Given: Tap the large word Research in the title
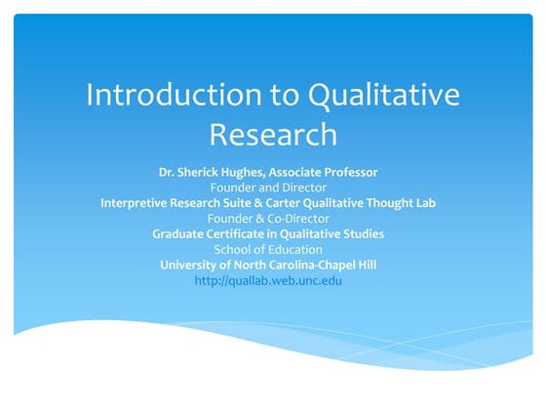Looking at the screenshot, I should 273,133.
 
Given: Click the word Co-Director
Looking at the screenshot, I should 297,219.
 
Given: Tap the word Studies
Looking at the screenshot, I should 362,234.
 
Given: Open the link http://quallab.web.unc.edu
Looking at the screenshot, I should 268,281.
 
